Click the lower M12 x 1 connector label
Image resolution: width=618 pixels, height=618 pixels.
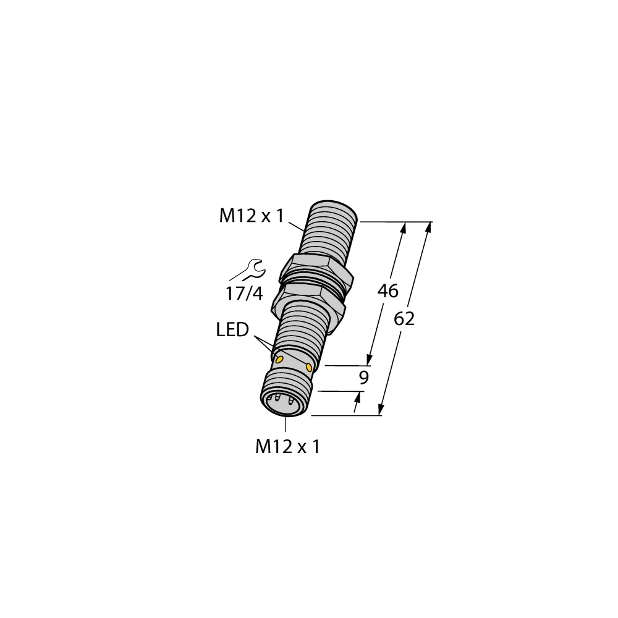click(x=287, y=447)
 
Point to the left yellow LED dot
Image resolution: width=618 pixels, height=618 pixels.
click(x=279, y=358)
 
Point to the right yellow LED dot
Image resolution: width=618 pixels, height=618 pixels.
click(x=310, y=368)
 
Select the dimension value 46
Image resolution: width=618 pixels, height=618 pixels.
click(x=387, y=291)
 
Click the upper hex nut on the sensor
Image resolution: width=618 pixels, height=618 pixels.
click(x=316, y=268)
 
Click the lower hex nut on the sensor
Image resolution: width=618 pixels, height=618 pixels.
click(x=310, y=295)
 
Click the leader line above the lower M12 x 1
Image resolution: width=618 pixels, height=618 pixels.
click(x=286, y=425)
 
